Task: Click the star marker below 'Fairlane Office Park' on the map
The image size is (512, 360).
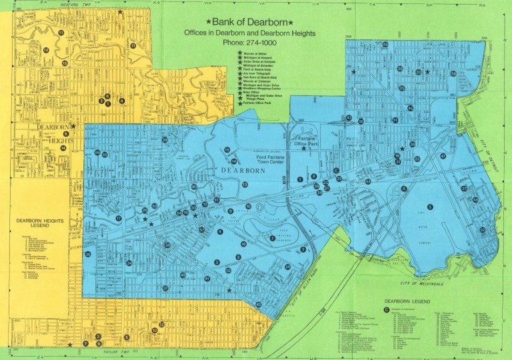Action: tap(304, 149)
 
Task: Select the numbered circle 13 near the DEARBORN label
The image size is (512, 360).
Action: tap(245, 185)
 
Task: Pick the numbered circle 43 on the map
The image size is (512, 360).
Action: tap(349, 118)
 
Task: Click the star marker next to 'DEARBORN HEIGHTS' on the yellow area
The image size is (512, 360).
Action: tap(74, 125)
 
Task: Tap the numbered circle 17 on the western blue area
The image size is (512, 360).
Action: tap(118, 218)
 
